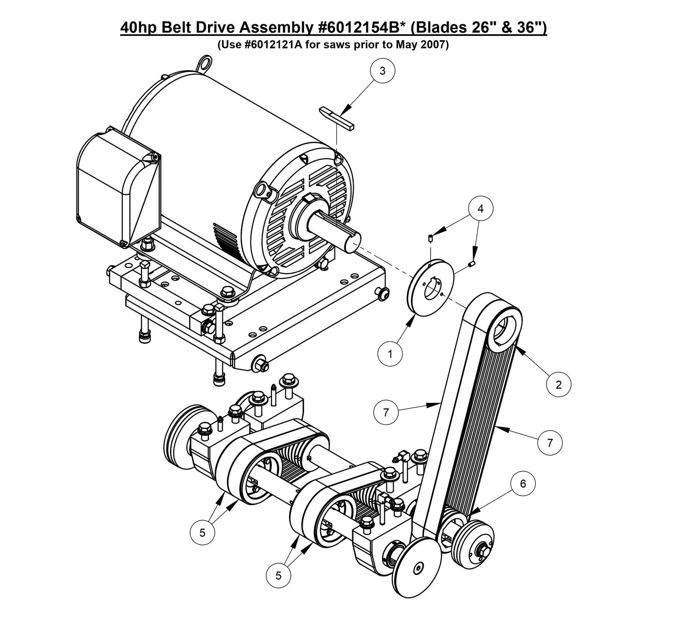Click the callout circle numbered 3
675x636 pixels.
tap(383, 71)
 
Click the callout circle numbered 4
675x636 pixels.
tap(480, 209)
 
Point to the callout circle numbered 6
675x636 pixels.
tap(523, 484)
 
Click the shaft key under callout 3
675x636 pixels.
tap(337, 117)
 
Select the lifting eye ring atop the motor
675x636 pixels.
tap(204, 64)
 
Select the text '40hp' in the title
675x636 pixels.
tap(139, 28)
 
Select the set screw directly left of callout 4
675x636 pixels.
tap(430, 239)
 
